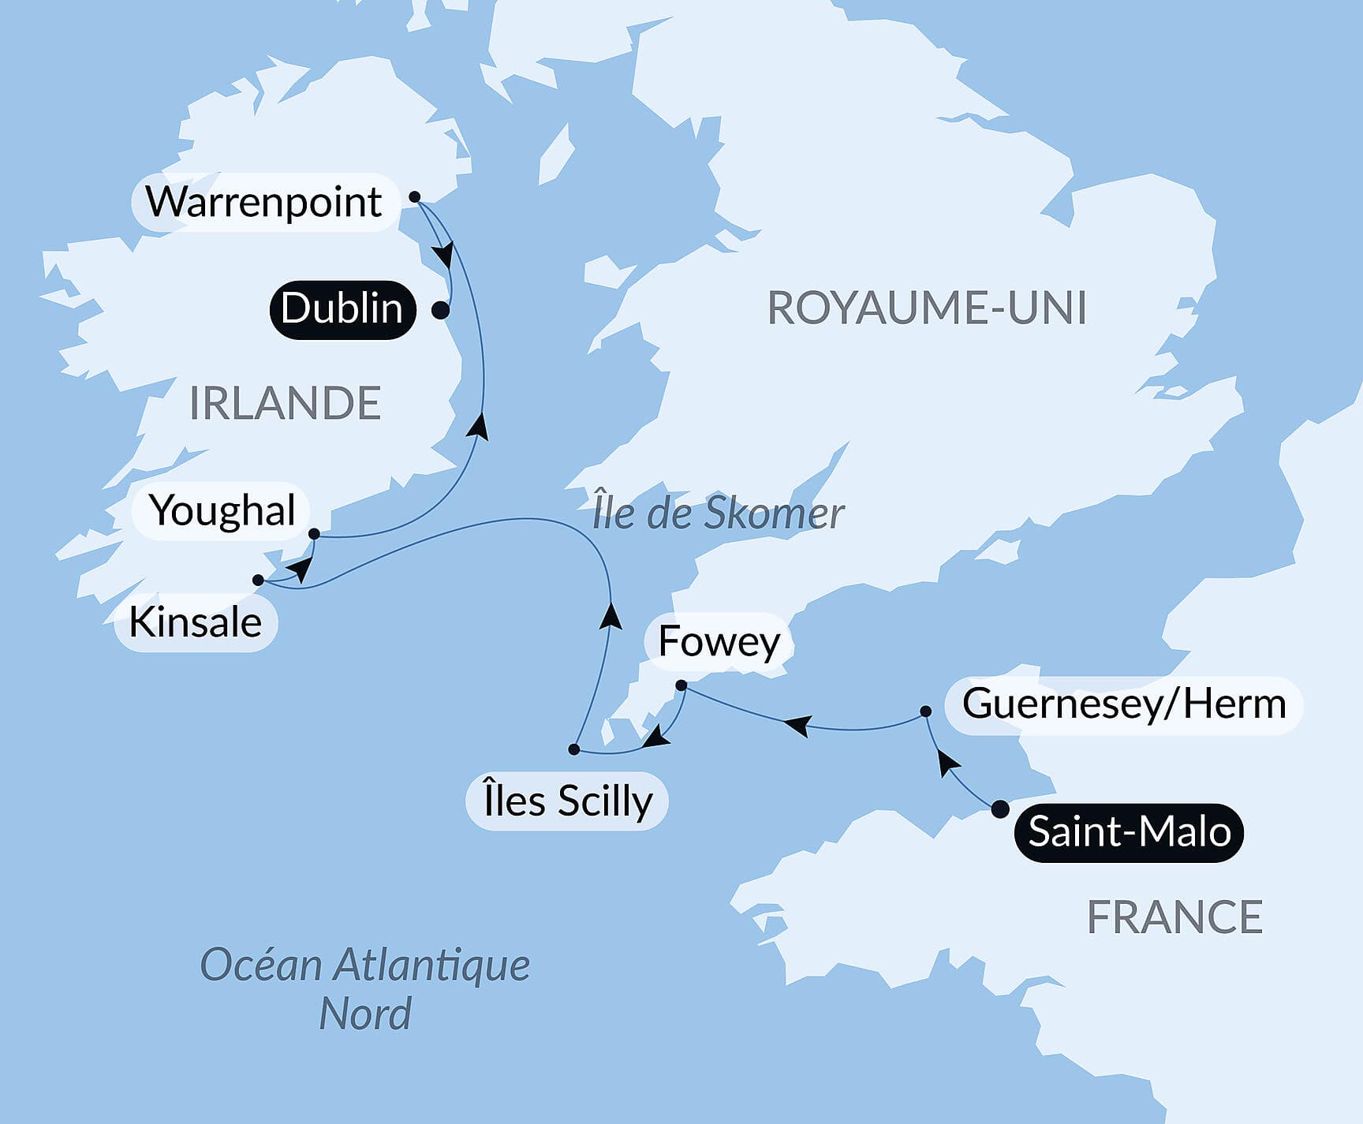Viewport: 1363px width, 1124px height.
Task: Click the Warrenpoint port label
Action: pyautogui.click(x=264, y=202)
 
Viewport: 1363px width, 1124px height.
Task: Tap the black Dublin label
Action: pyautogui.click(x=342, y=309)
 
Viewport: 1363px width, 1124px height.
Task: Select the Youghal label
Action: pyautogui.click(x=222, y=510)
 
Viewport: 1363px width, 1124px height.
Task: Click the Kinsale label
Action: pyautogui.click(x=195, y=622)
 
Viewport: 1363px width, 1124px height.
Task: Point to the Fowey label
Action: pyautogui.click(x=719, y=641)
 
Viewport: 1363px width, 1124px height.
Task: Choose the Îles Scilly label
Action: pyautogui.click(x=567, y=801)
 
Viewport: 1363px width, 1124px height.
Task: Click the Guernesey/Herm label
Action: pyautogui.click(x=1123, y=704)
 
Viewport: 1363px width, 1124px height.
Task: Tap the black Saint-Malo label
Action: pyautogui.click(x=1129, y=832)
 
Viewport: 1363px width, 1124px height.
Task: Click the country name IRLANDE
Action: pyautogui.click(x=285, y=404)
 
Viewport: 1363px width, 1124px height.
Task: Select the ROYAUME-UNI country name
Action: pyautogui.click(x=927, y=308)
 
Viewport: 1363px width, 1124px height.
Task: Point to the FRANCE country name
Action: pyautogui.click(x=1174, y=917)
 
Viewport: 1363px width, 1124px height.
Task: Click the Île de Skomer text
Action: pyautogui.click(x=718, y=513)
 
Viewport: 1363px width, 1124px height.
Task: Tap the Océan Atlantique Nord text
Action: pyautogui.click(x=364, y=988)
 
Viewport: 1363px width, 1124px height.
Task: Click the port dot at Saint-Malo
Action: pyautogui.click(x=999, y=808)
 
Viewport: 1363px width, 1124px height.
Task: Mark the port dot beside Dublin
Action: pyautogui.click(x=441, y=311)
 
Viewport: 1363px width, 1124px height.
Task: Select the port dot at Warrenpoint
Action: pyautogui.click(x=415, y=197)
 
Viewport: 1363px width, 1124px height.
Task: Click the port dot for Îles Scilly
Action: pyautogui.click(x=574, y=749)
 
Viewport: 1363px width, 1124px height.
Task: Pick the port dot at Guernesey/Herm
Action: pyautogui.click(x=926, y=711)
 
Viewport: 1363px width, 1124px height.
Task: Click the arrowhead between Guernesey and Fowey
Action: pyautogui.click(x=798, y=723)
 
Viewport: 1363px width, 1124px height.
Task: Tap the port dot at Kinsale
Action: pyautogui.click(x=258, y=581)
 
